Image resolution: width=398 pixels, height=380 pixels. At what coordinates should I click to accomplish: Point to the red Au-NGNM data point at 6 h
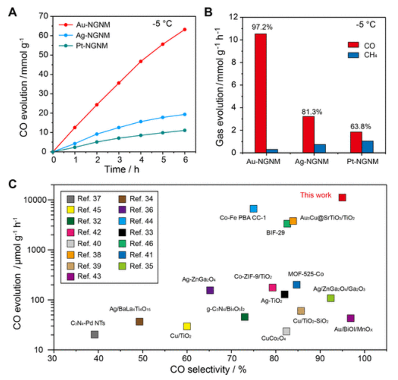[x=185, y=29]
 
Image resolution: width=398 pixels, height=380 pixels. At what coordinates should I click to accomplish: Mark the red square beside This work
[x=342, y=198]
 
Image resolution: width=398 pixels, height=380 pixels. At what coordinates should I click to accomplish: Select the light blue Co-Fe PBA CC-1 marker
[x=253, y=209]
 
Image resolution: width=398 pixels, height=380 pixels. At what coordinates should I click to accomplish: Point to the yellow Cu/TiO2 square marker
[x=187, y=326]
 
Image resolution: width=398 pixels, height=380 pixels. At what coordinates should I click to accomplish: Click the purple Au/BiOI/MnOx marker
[x=350, y=318]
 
